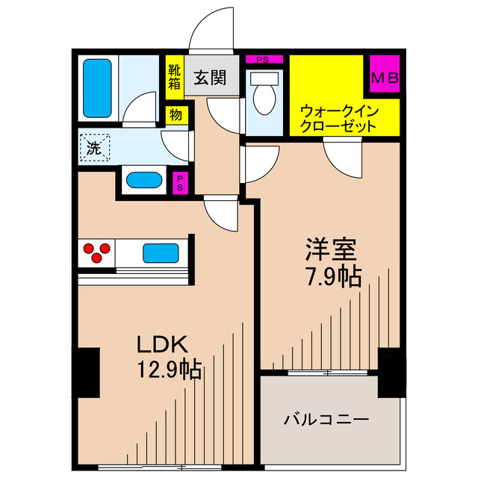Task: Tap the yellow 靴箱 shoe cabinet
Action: (x=174, y=77)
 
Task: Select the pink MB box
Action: (x=385, y=78)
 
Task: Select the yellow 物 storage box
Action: (x=176, y=116)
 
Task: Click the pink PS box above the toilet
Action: (x=263, y=60)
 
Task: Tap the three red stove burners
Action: (x=96, y=252)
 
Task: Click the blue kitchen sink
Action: (x=161, y=252)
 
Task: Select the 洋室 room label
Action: (x=332, y=249)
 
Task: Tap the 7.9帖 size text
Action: (x=332, y=277)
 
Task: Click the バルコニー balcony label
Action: (x=326, y=420)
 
